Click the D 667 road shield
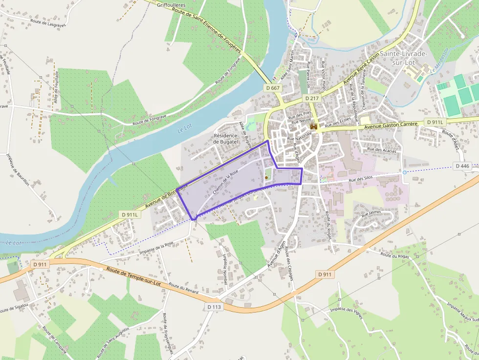tap(274, 88)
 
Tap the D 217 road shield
tap(312, 98)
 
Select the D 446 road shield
tap(462, 166)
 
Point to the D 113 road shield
tap(214, 307)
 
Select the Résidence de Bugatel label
tap(225, 138)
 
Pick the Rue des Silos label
tap(361, 180)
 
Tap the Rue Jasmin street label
tap(371, 213)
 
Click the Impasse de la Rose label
tap(156, 248)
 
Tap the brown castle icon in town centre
tap(314, 127)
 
